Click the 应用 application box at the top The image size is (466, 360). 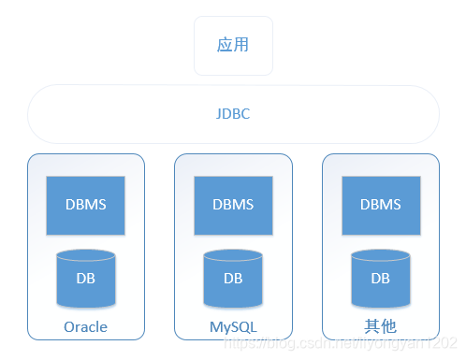point(233,45)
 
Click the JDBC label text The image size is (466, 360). point(233,114)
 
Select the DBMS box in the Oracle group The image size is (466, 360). point(85,205)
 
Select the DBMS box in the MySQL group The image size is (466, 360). point(233,205)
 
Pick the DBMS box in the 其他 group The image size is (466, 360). point(381,205)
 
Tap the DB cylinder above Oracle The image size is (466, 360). point(85,279)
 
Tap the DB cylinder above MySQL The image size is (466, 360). point(233,279)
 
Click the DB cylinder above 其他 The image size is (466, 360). point(381,279)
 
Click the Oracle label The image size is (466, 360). point(85,327)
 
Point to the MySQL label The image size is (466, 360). point(233,327)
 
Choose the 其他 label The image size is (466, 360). point(381,327)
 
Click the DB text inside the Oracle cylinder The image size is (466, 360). point(85,279)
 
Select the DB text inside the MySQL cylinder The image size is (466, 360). point(233,279)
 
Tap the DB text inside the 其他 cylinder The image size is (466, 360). point(381,279)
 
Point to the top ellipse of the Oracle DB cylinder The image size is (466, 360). point(85,255)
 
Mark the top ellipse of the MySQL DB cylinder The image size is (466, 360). point(233,255)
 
